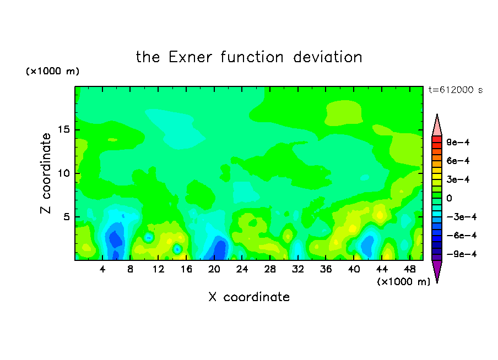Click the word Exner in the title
tap(190, 57)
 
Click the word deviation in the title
tap(328, 57)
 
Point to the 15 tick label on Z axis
tap(63, 129)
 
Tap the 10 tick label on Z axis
tap(63, 173)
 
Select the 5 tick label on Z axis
tap(66, 217)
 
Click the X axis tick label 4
tap(102, 270)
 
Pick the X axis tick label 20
tap(214, 270)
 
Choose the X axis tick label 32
tap(298, 270)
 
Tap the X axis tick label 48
tap(410, 270)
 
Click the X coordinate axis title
tap(249, 297)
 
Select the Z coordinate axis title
tap(46, 173)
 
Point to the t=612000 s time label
tap(456, 90)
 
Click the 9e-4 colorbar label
tap(458, 142)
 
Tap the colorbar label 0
tap(449, 198)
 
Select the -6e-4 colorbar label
tap(462, 236)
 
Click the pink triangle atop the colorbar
tap(437, 127)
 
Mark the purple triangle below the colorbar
tap(437, 270)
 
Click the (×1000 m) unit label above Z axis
tap(53, 71)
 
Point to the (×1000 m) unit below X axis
tap(403, 282)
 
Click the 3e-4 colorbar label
tap(458, 179)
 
